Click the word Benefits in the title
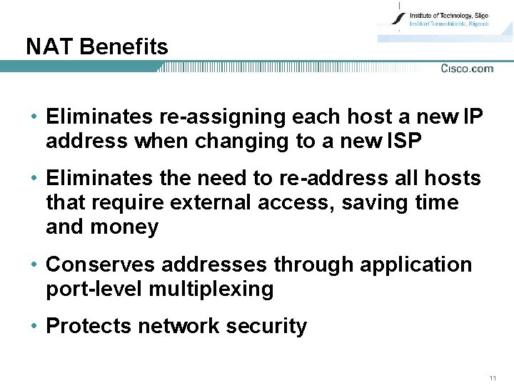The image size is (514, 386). [x=124, y=47]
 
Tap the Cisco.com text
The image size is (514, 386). [x=467, y=69]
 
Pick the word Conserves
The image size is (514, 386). [x=101, y=264]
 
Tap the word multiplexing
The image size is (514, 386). [x=211, y=289]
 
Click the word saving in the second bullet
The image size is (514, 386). [x=374, y=203]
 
